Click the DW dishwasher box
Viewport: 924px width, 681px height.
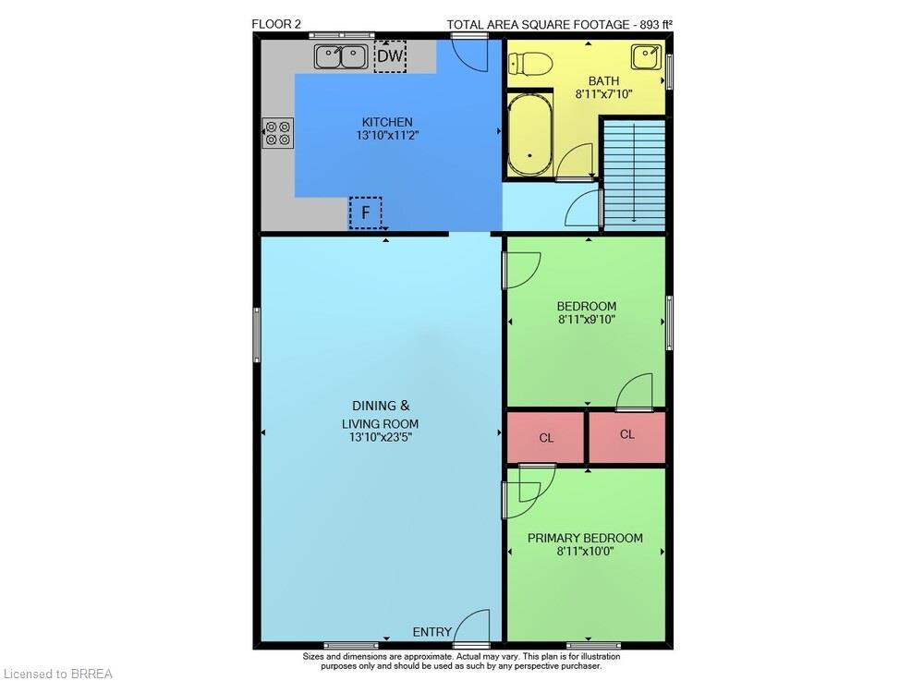click(x=390, y=56)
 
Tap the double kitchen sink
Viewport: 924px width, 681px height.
click(x=341, y=56)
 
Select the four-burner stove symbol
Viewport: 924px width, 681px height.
click(x=278, y=132)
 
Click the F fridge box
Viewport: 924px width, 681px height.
click(x=365, y=213)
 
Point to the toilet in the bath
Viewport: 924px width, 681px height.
click(x=530, y=63)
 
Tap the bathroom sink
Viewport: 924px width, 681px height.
click(x=646, y=57)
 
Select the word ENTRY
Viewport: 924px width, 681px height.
click(x=432, y=632)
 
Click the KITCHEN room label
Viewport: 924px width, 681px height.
click(x=387, y=122)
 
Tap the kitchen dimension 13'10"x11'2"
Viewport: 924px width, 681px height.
click(x=387, y=136)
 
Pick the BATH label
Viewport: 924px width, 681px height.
click(x=604, y=80)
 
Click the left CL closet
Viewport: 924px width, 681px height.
click(x=546, y=437)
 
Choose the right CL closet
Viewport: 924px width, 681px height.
click(x=627, y=436)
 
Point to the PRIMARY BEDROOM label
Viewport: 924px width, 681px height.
click(x=585, y=538)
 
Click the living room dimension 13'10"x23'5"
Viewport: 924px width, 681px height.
click(x=380, y=437)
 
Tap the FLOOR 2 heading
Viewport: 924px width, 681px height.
click(x=276, y=24)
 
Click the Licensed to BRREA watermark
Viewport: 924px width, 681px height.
click(x=57, y=674)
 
